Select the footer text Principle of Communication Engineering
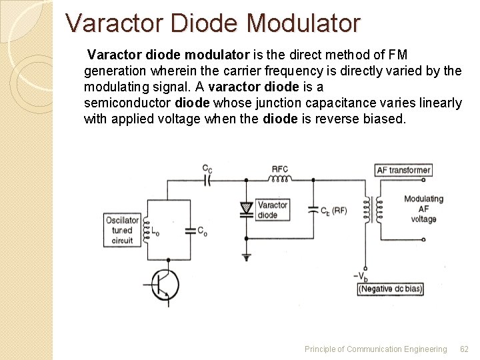point(375,349)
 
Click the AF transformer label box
point(403,170)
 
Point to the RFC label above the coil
point(280,169)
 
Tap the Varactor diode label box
point(272,210)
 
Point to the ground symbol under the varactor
point(247,256)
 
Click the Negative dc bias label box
point(391,289)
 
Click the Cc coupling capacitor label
point(207,169)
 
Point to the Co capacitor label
point(201,231)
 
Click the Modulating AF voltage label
point(423,209)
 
